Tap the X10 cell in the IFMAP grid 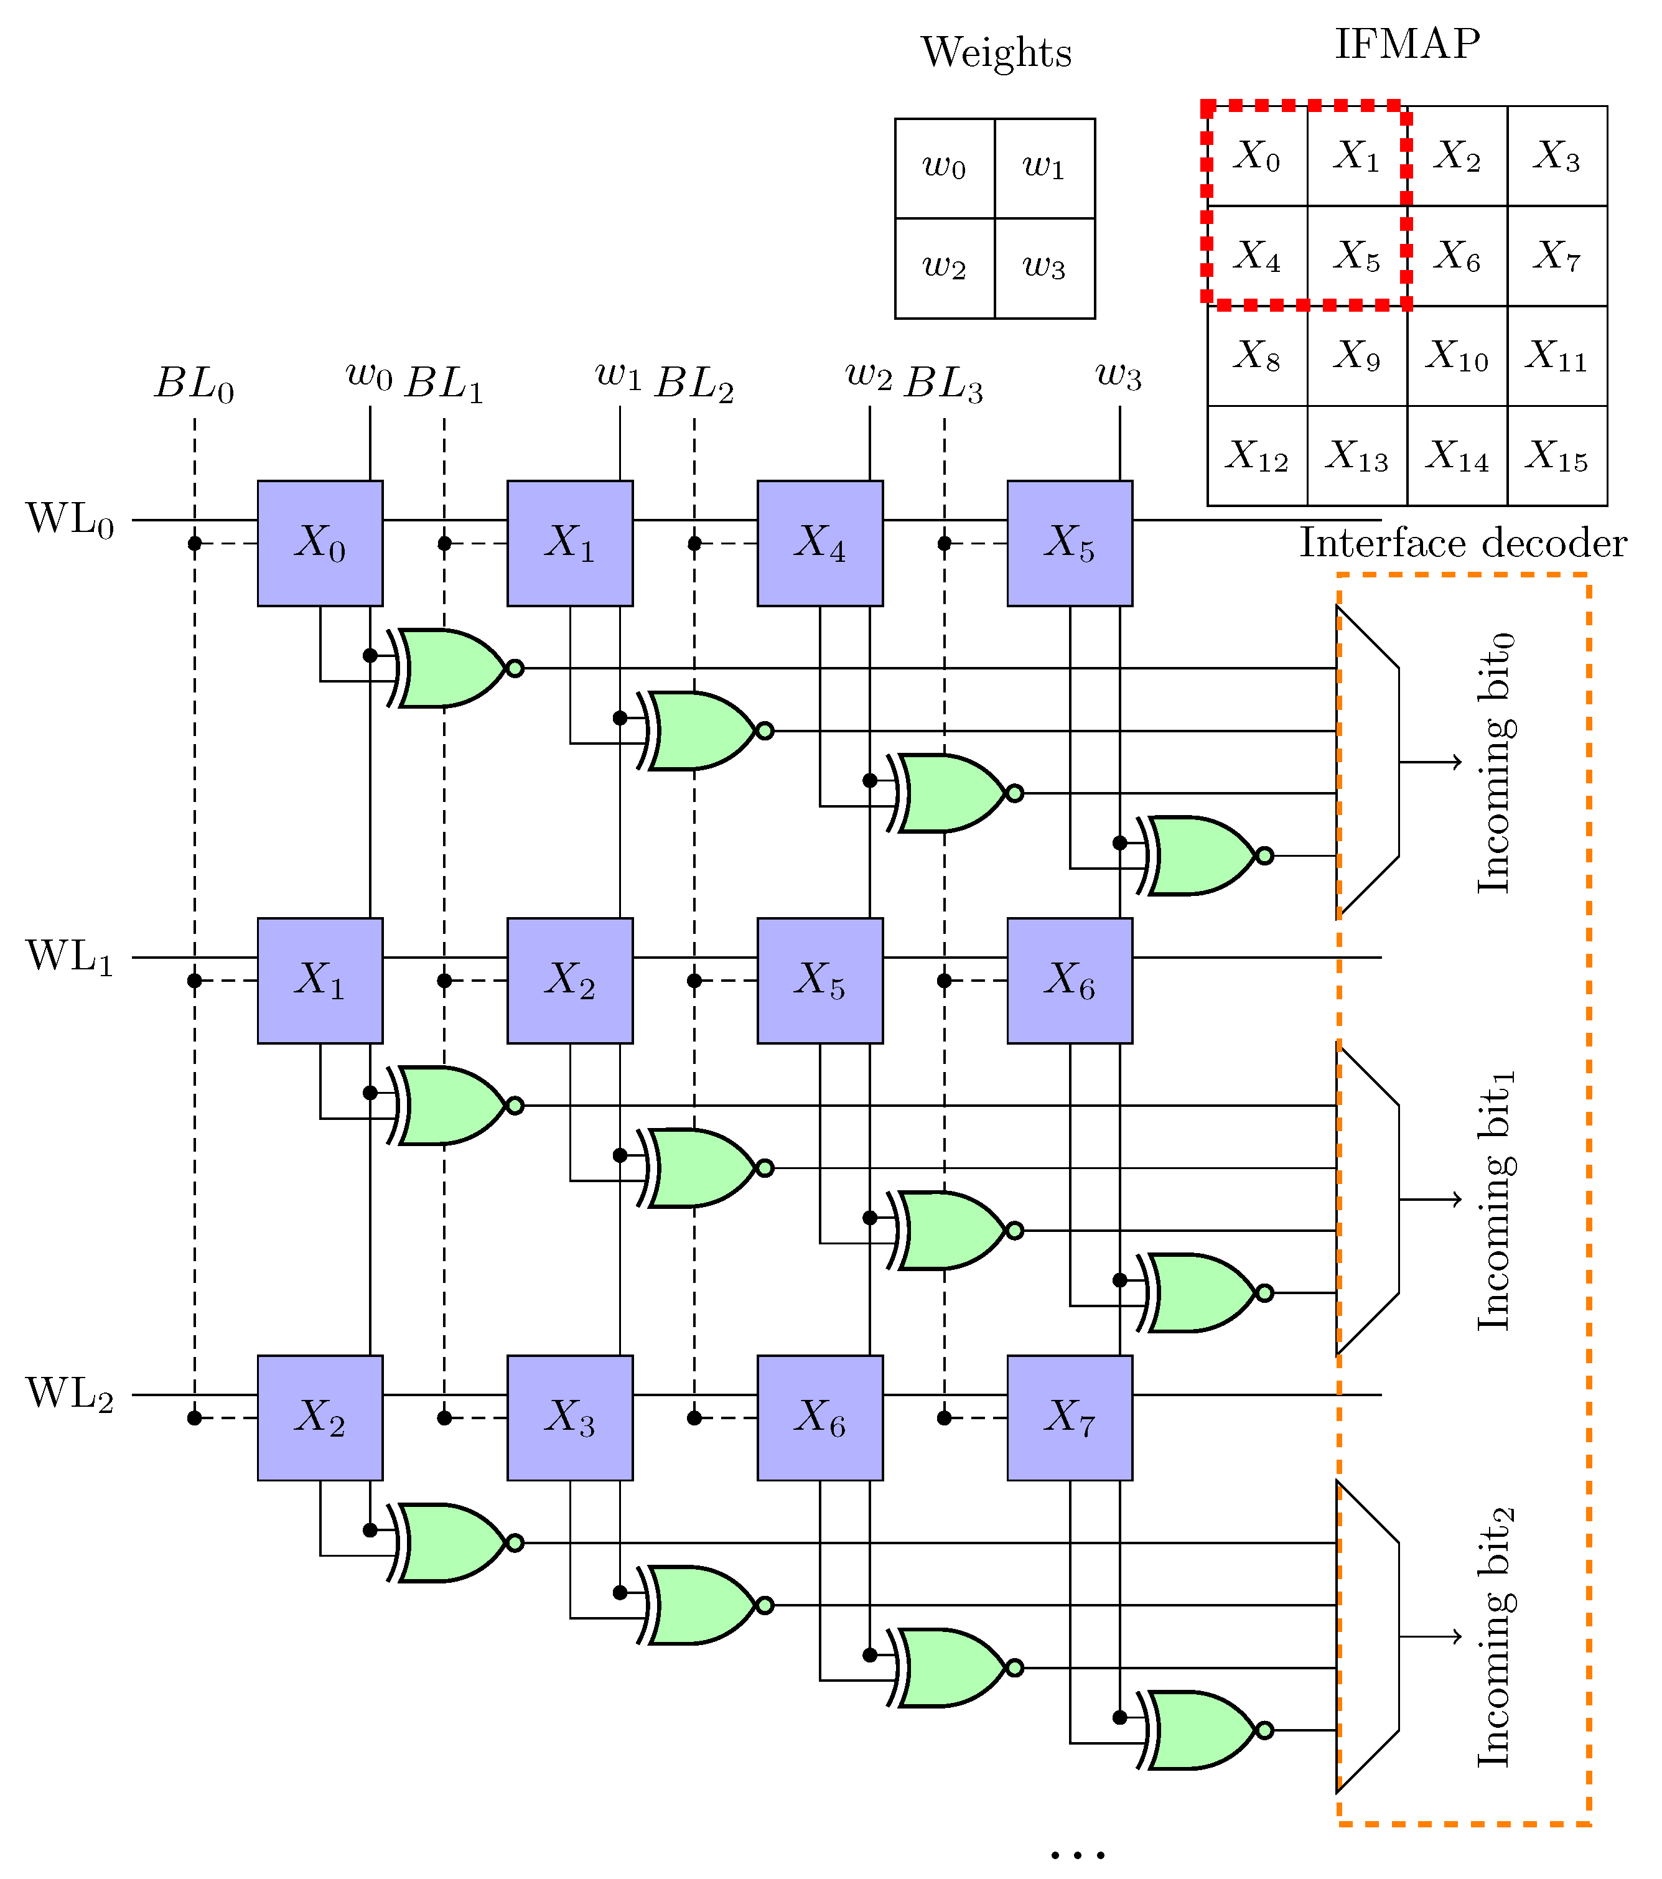pos(1457,356)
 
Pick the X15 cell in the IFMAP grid pos(1557,456)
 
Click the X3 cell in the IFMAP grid pos(1557,156)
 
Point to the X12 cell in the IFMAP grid pos(1257,456)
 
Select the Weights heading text pos(996,52)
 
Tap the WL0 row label pos(70,520)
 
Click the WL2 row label pos(70,1394)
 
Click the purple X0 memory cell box pos(320,543)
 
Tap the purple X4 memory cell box pos(820,543)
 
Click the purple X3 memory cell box pos(570,1417)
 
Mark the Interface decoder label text pos(1462,543)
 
